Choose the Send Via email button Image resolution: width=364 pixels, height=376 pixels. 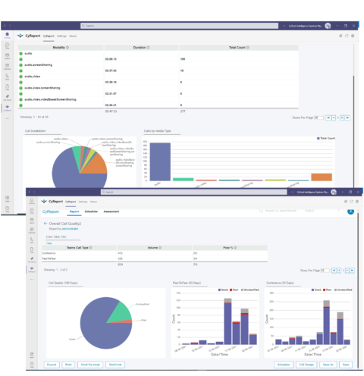pyautogui.click(x=94, y=364)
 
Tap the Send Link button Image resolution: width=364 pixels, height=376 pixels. pyautogui.click(x=116, y=364)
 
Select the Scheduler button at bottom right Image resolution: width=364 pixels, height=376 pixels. pyautogui.click(x=284, y=364)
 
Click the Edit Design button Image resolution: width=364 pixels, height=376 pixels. pyautogui.click(x=306, y=364)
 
